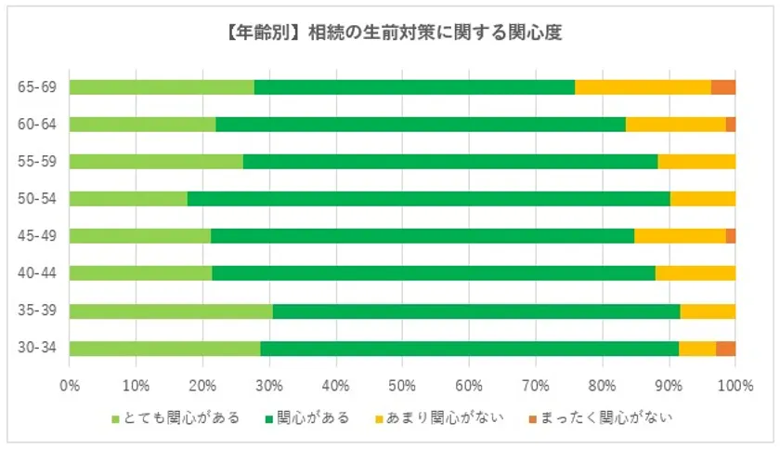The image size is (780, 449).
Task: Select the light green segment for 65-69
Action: pyautogui.click(x=162, y=87)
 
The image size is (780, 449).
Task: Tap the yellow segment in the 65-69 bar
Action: pyautogui.click(x=643, y=87)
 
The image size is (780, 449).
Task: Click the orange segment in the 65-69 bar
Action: pyautogui.click(x=723, y=87)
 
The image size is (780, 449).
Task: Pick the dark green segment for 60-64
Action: pyautogui.click(x=420, y=125)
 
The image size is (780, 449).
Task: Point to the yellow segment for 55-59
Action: pyautogui.click(x=696, y=162)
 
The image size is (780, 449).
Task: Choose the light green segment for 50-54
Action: pyautogui.click(x=128, y=199)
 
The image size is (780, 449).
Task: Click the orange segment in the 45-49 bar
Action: pyautogui.click(x=731, y=236)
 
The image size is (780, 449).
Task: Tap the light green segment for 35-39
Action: pyautogui.click(x=171, y=311)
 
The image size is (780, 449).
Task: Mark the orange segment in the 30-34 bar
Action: pyautogui.click(x=725, y=349)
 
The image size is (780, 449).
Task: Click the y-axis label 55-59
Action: pyautogui.click(x=37, y=162)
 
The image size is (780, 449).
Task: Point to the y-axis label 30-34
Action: pyautogui.click(x=37, y=349)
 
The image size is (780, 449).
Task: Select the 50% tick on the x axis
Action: pyautogui.click(x=402, y=383)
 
